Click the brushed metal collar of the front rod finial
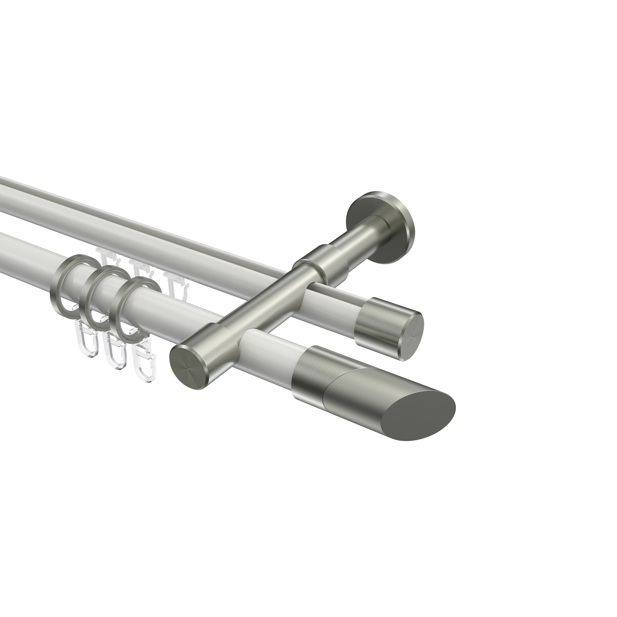(312, 374)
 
